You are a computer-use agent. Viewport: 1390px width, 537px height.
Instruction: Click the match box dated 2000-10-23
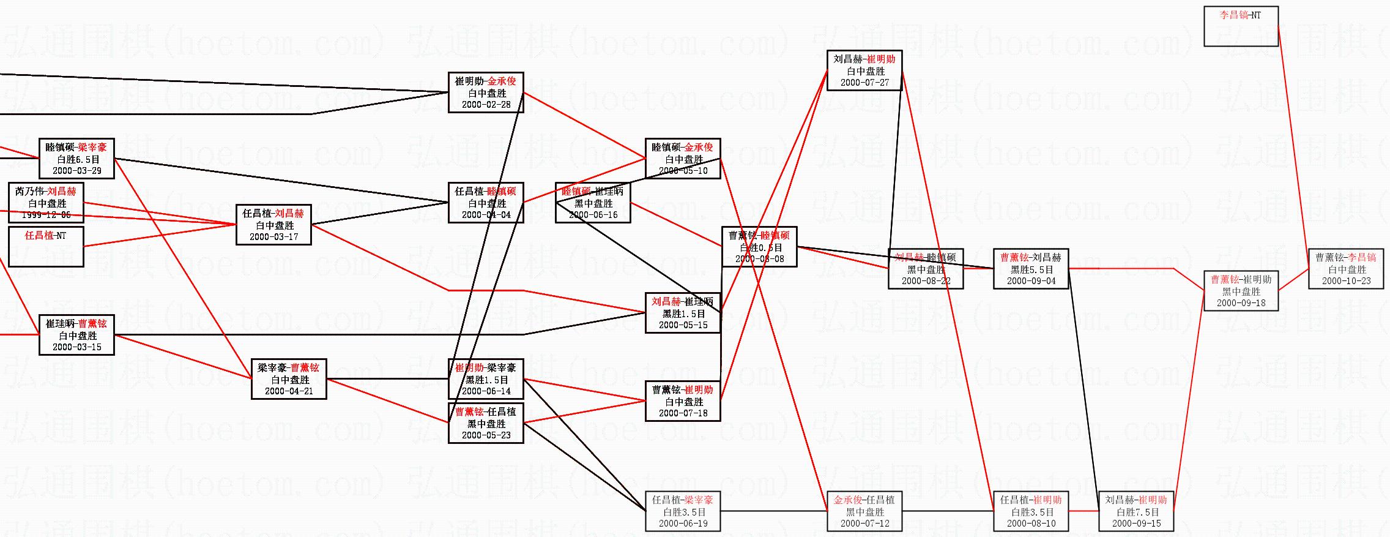click(x=1346, y=269)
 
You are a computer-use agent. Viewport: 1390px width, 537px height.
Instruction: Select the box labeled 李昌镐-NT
click(x=1241, y=26)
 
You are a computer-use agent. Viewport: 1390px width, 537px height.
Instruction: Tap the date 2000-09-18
click(x=1241, y=303)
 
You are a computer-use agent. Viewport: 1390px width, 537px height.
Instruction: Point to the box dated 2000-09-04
click(x=1031, y=269)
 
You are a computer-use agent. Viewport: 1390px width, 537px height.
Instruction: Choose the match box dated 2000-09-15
click(x=1136, y=511)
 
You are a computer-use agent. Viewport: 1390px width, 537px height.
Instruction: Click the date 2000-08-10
click(x=1031, y=524)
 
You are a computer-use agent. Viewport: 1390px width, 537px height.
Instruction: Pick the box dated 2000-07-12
click(x=864, y=511)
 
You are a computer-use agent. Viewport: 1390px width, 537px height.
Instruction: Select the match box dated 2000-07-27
click(x=864, y=70)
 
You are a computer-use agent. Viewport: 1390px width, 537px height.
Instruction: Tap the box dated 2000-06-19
click(x=683, y=511)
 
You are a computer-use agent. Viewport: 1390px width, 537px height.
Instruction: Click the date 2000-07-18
click(x=683, y=413)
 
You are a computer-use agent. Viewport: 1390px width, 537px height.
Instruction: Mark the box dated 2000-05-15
click(x=683, y=313)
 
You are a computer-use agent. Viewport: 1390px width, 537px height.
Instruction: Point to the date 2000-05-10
click(x=683, y=171)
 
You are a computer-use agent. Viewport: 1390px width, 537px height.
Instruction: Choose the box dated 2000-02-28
click(x=486, y=92)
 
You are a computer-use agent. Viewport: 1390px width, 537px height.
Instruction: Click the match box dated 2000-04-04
click(x=486, y=203)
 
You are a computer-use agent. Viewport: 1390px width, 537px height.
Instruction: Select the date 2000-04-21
click(x=289, y=391)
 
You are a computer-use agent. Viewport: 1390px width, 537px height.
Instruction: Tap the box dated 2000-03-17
click(x=273, y=225)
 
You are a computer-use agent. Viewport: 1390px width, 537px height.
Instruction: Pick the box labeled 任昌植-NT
click(x=46, y=247)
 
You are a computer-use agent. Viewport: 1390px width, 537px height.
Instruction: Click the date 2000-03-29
click(x=76, y=171)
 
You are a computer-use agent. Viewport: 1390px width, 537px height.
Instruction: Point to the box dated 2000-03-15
click(x=76, y=335)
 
